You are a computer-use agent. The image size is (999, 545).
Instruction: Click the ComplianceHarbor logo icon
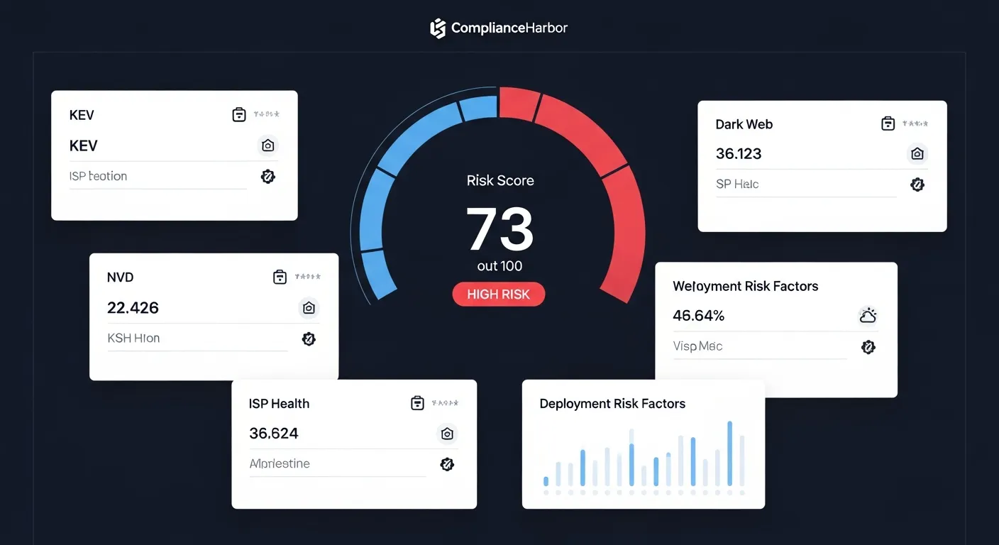438,28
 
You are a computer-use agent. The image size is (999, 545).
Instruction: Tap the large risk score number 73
499,229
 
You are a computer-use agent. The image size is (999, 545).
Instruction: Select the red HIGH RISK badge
498,294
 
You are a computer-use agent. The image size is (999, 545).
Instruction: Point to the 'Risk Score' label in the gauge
500,180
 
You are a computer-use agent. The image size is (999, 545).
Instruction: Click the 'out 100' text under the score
499,266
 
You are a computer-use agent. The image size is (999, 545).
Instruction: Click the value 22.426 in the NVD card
133,308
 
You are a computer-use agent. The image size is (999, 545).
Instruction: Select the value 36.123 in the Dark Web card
739,153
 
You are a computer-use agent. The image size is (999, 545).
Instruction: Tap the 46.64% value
698,315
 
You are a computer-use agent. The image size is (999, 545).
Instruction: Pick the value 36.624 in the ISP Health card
273,433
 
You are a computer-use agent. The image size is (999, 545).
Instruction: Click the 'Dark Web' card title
744,124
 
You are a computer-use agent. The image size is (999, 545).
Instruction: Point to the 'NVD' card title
120,277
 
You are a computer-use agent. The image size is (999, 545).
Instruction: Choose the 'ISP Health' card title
279,404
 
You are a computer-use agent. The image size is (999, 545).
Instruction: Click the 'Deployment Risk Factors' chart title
612,404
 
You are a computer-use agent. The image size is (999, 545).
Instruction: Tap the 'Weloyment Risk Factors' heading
745,286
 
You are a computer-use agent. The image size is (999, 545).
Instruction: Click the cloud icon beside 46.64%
868,316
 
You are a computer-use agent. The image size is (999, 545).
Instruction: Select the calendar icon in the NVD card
280,277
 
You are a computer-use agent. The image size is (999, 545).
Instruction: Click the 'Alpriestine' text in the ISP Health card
280,463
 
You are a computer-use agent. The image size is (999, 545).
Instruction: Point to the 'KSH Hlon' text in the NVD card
133,338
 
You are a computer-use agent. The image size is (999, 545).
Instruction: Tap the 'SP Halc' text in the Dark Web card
737,184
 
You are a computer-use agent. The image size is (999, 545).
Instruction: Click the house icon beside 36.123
917,154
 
